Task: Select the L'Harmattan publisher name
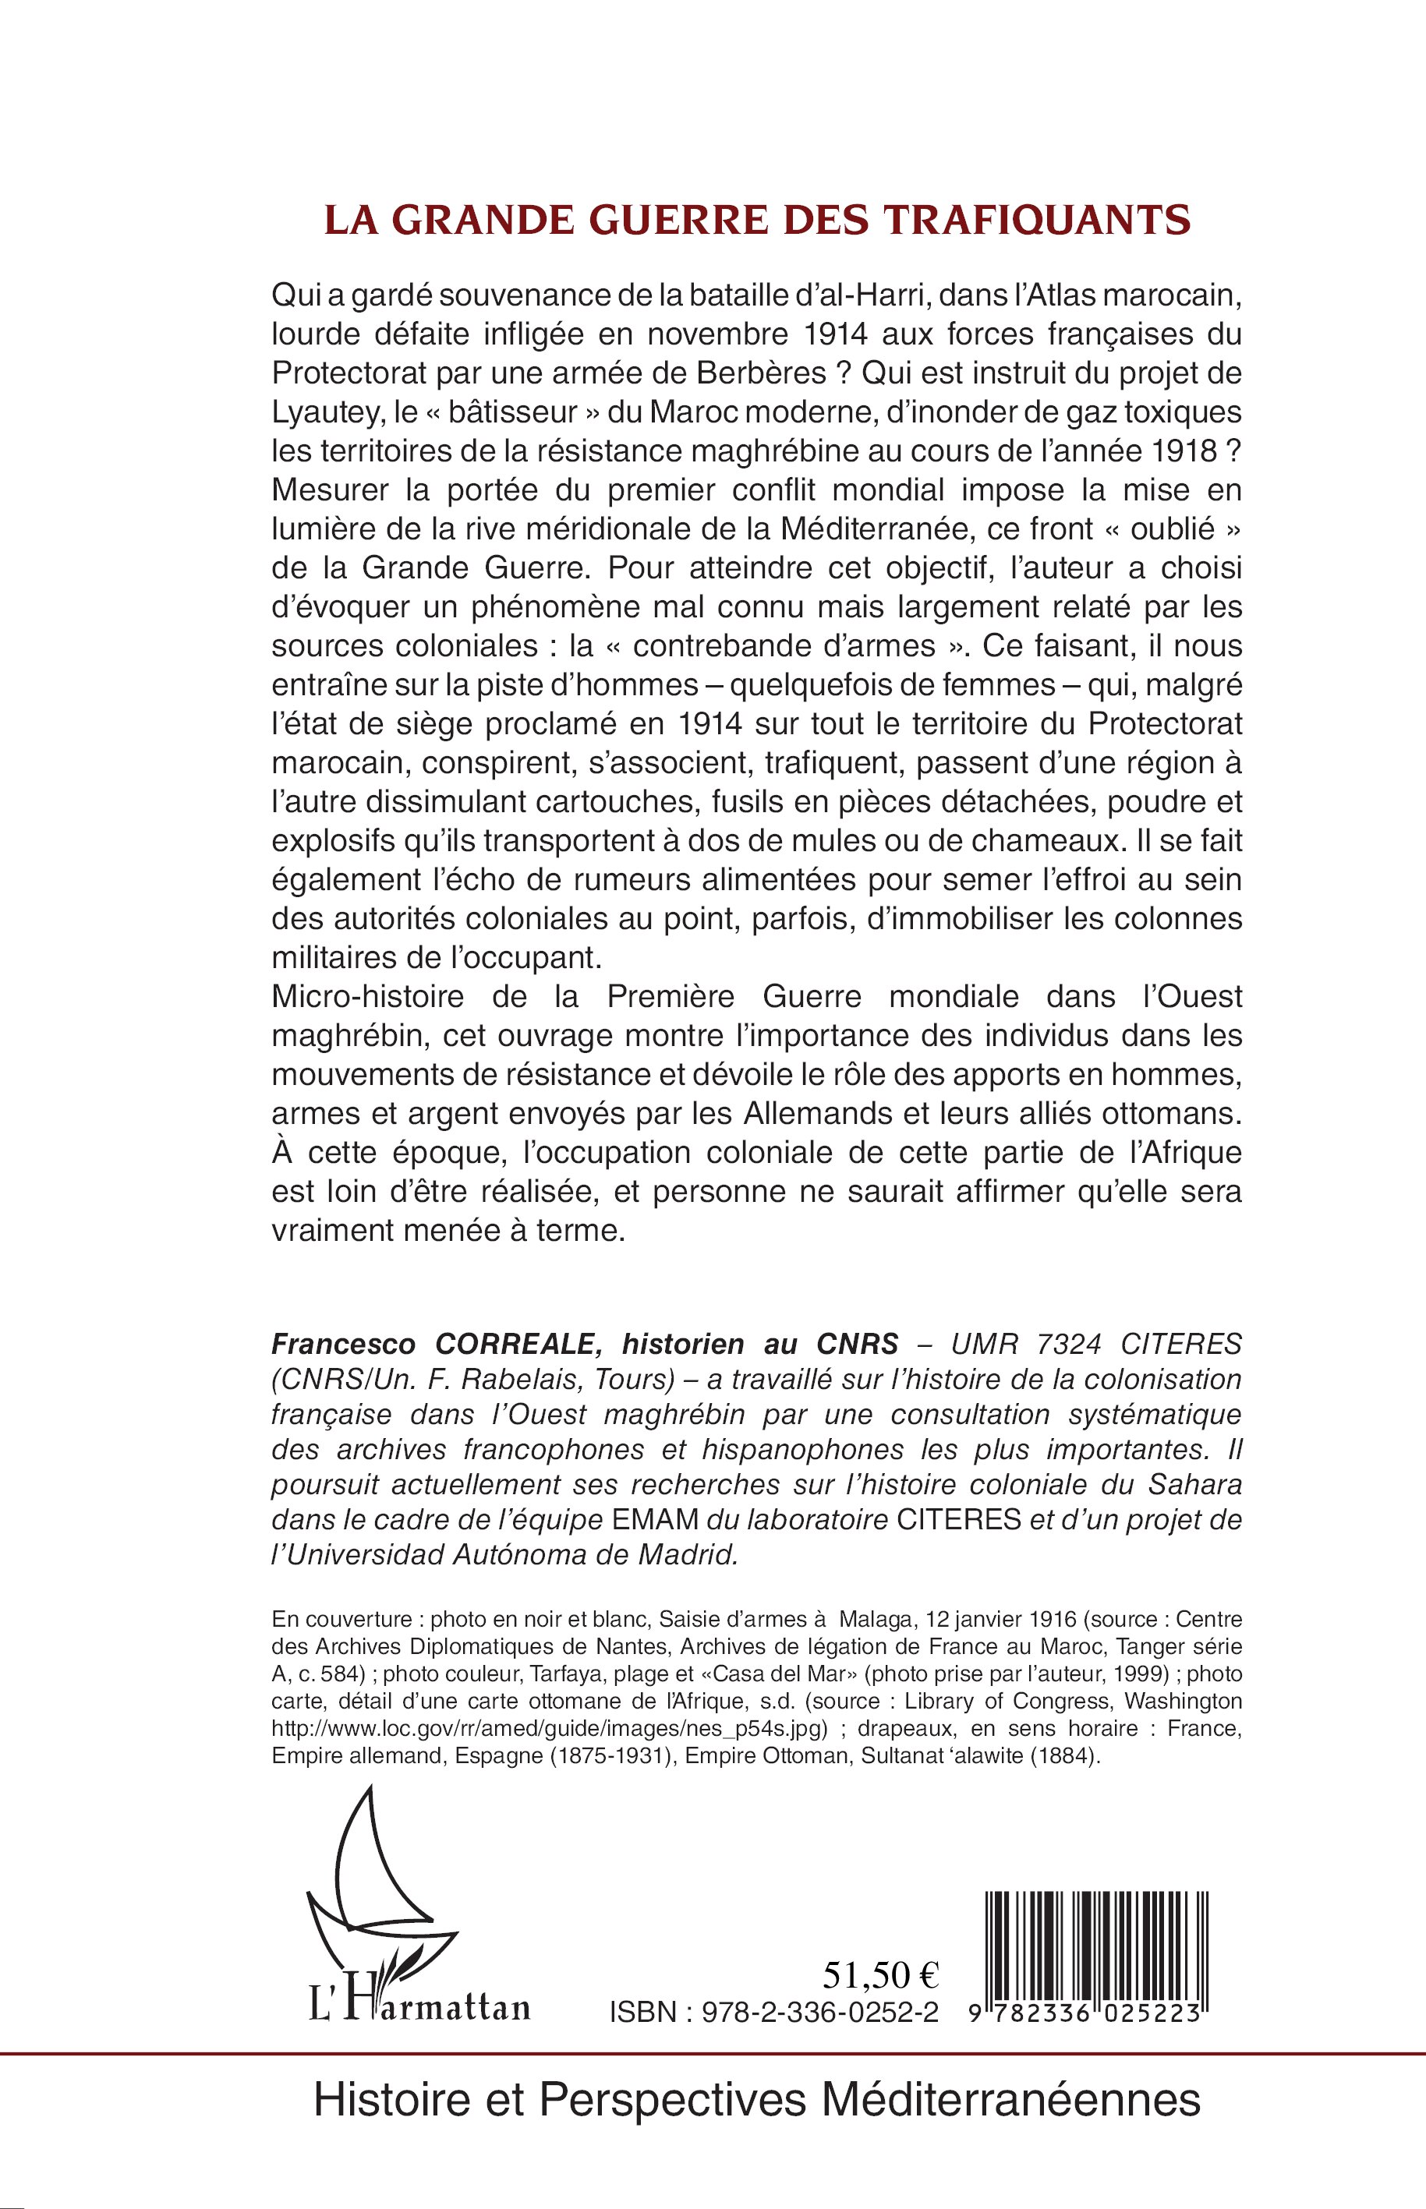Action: point(419,2008)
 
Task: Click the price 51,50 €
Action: point(880,1977)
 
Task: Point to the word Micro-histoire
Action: point(368,996)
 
